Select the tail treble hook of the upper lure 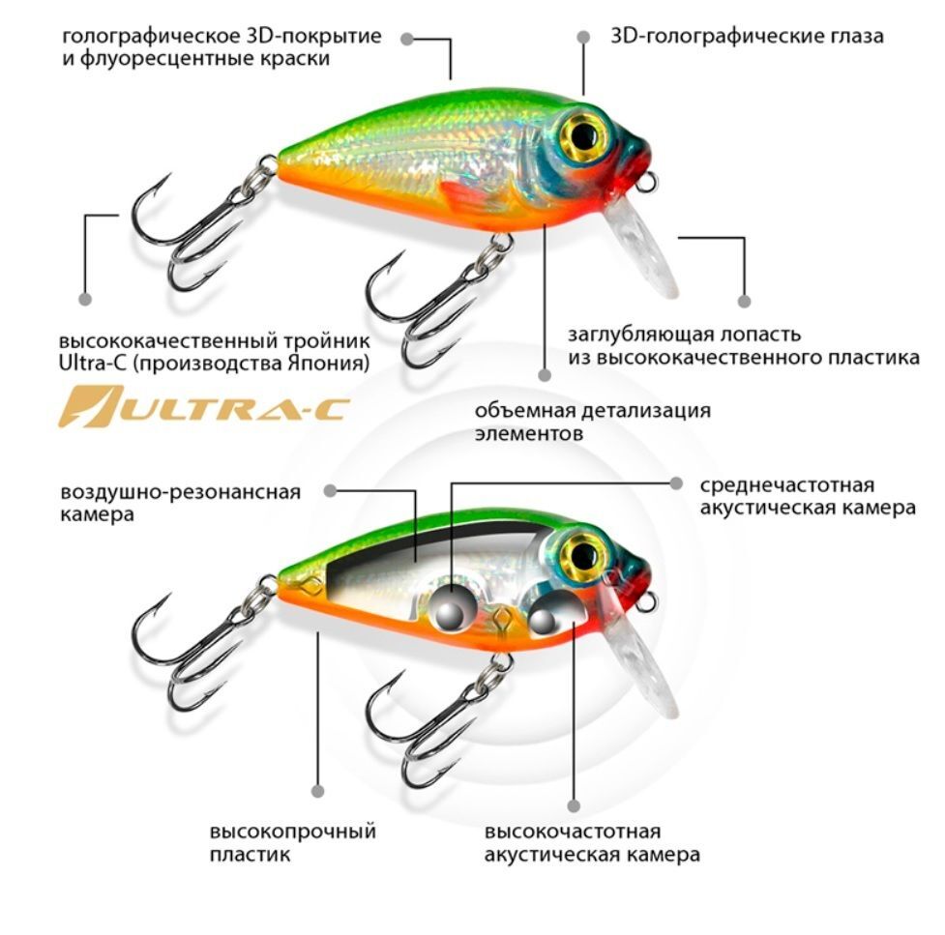click(x=196, y=229)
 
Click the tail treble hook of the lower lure click(x=196, y=650)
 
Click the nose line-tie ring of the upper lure click(x=647, y=181)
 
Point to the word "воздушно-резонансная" click(x=180, y=492)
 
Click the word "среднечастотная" click(x=786, y=485)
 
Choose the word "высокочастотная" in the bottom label click(x=573, y=832)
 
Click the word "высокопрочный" click(x=293, y=832)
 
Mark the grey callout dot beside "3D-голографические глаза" click(x=583, y=38)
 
